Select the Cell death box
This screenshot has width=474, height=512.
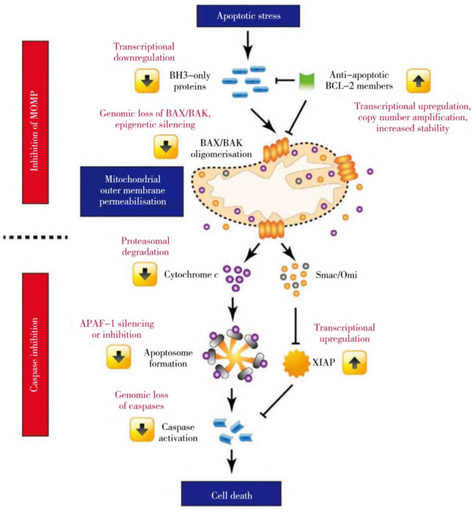[237, 496]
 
